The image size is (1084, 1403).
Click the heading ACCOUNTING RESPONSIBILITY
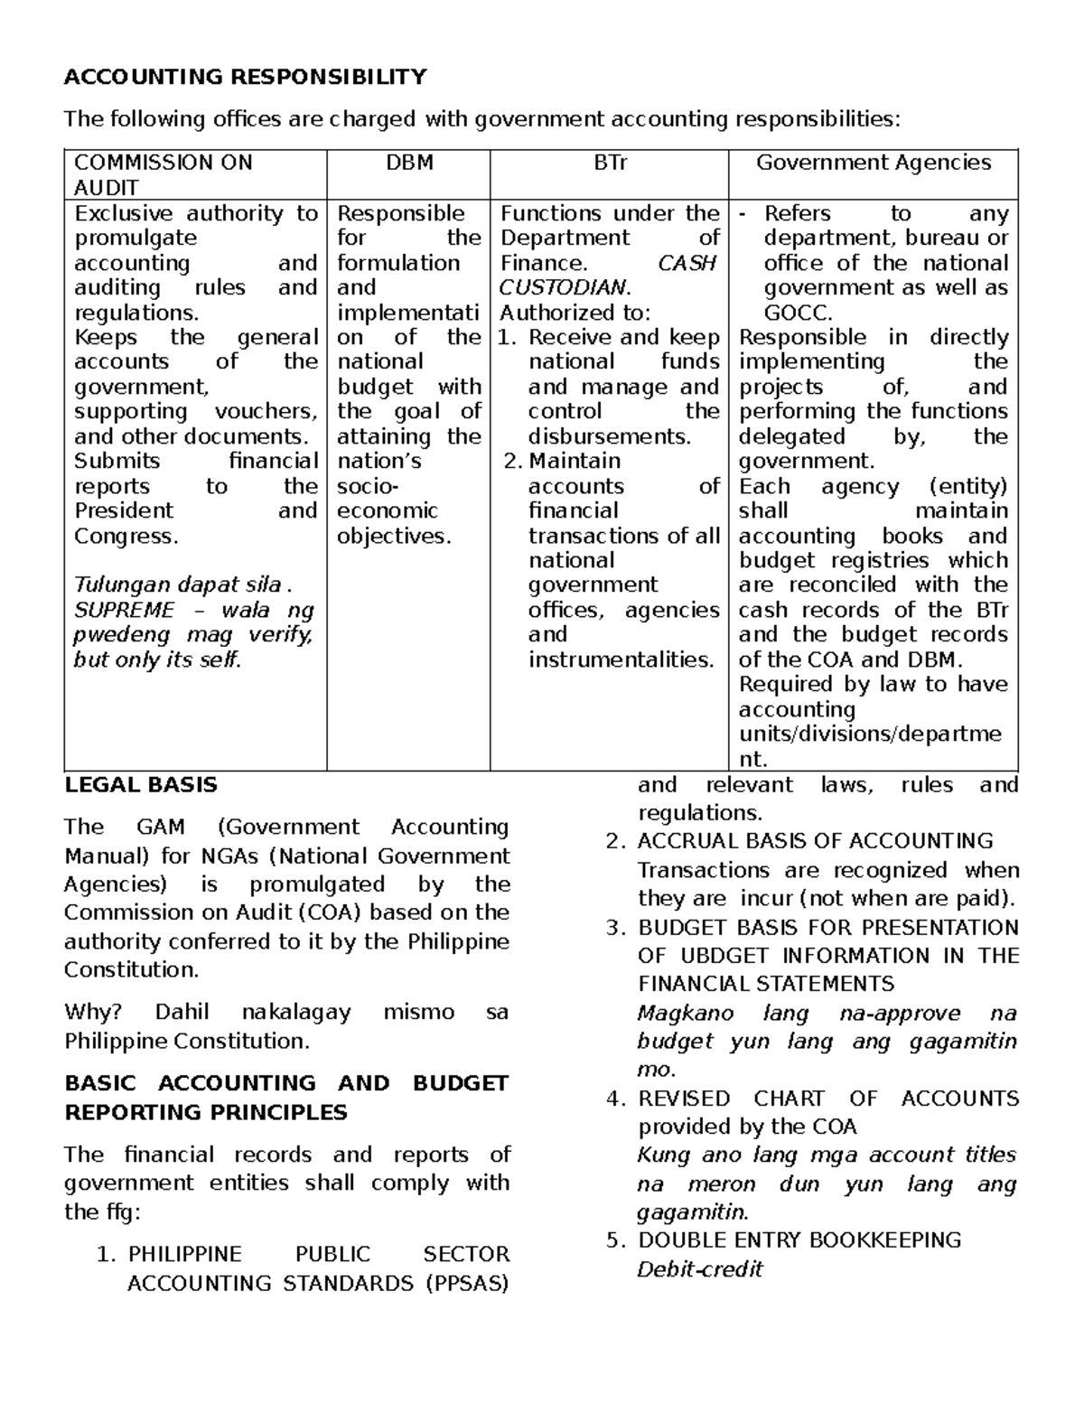[245, 77]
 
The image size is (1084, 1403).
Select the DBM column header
[409, 163]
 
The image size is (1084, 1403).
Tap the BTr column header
[610, 163]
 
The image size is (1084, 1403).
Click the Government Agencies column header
[873, 163]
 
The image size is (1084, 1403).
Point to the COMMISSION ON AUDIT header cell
[163, 174]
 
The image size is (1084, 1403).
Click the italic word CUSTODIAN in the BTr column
[562, 287]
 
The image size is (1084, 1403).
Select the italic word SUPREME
[124, 610]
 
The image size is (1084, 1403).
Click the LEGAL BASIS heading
[141, 784]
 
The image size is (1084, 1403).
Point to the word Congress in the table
[124, 536]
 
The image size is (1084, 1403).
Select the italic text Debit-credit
[700, 1269]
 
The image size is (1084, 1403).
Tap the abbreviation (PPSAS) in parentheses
[467, 1283]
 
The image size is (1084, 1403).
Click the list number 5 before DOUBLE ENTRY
[615, 1239]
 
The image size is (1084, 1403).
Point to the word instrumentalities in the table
[620, 659]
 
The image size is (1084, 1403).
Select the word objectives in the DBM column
[392, 536]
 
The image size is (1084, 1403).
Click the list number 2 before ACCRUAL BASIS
[615, 841]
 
